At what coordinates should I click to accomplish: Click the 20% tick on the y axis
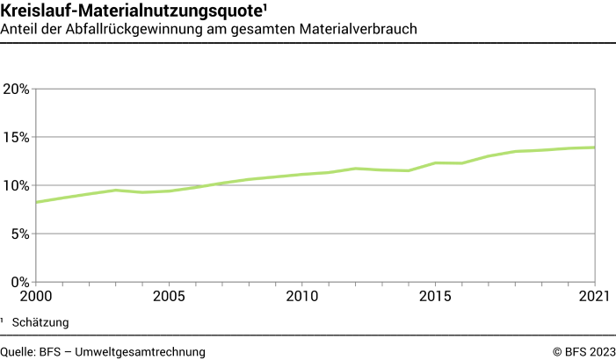(x=17, y=89)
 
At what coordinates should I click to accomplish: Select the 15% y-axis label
(x=17, y=137)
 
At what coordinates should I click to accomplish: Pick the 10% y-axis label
(x=17, y=185)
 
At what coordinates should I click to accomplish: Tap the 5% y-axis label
(x=20, y=234)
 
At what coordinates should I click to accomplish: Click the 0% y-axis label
(x=20, y=282)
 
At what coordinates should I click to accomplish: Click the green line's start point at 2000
(x=35, y=202)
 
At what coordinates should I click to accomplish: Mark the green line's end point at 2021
(x=596, y=148)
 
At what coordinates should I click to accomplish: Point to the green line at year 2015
(x=436, y=162)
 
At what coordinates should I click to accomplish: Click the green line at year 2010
(x=302, y=175)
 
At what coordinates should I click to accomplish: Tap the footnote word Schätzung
(x=40, y=322)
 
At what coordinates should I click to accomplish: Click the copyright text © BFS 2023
(x=583, y=351)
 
